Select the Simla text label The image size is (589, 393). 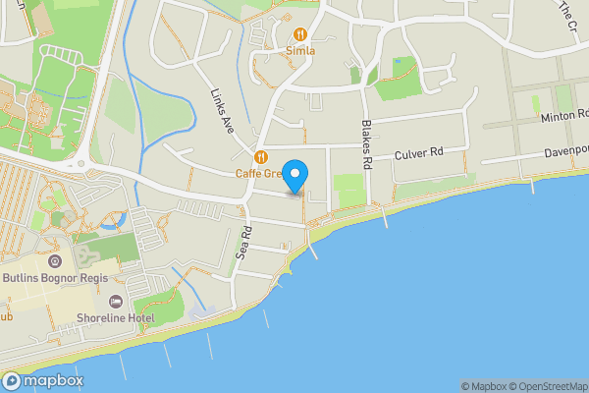(x=300, y=50)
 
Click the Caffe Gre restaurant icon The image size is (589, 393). (x=261, y=157)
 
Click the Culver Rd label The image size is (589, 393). (x=419, y=153)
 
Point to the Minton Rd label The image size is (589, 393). (x=562, y=117)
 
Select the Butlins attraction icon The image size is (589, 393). (x=55, y=261)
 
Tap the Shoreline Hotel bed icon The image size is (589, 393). (x=116, y=302)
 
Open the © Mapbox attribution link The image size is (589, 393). (x=484, y=386)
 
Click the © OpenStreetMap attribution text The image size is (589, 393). (x=547, y=386)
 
